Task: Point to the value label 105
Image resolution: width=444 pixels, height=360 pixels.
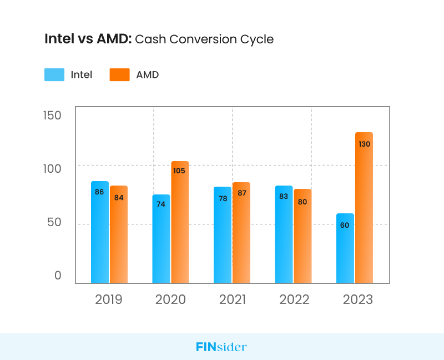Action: coord(179,171)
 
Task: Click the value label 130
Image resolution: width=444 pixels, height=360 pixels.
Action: coord(364,144)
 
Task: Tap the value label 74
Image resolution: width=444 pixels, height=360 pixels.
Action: coord(161,204)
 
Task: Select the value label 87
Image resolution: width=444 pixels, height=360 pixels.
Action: coord(241,193)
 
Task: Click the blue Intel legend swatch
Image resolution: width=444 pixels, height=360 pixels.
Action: coord(54,74)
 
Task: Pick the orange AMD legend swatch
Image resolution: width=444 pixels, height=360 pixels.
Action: coord(119,74)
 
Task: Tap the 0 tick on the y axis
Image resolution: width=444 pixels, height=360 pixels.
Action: coord(58,276)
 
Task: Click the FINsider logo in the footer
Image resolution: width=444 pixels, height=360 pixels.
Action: coord(221,347)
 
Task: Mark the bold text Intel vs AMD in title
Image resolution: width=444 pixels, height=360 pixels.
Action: coord(88,39)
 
